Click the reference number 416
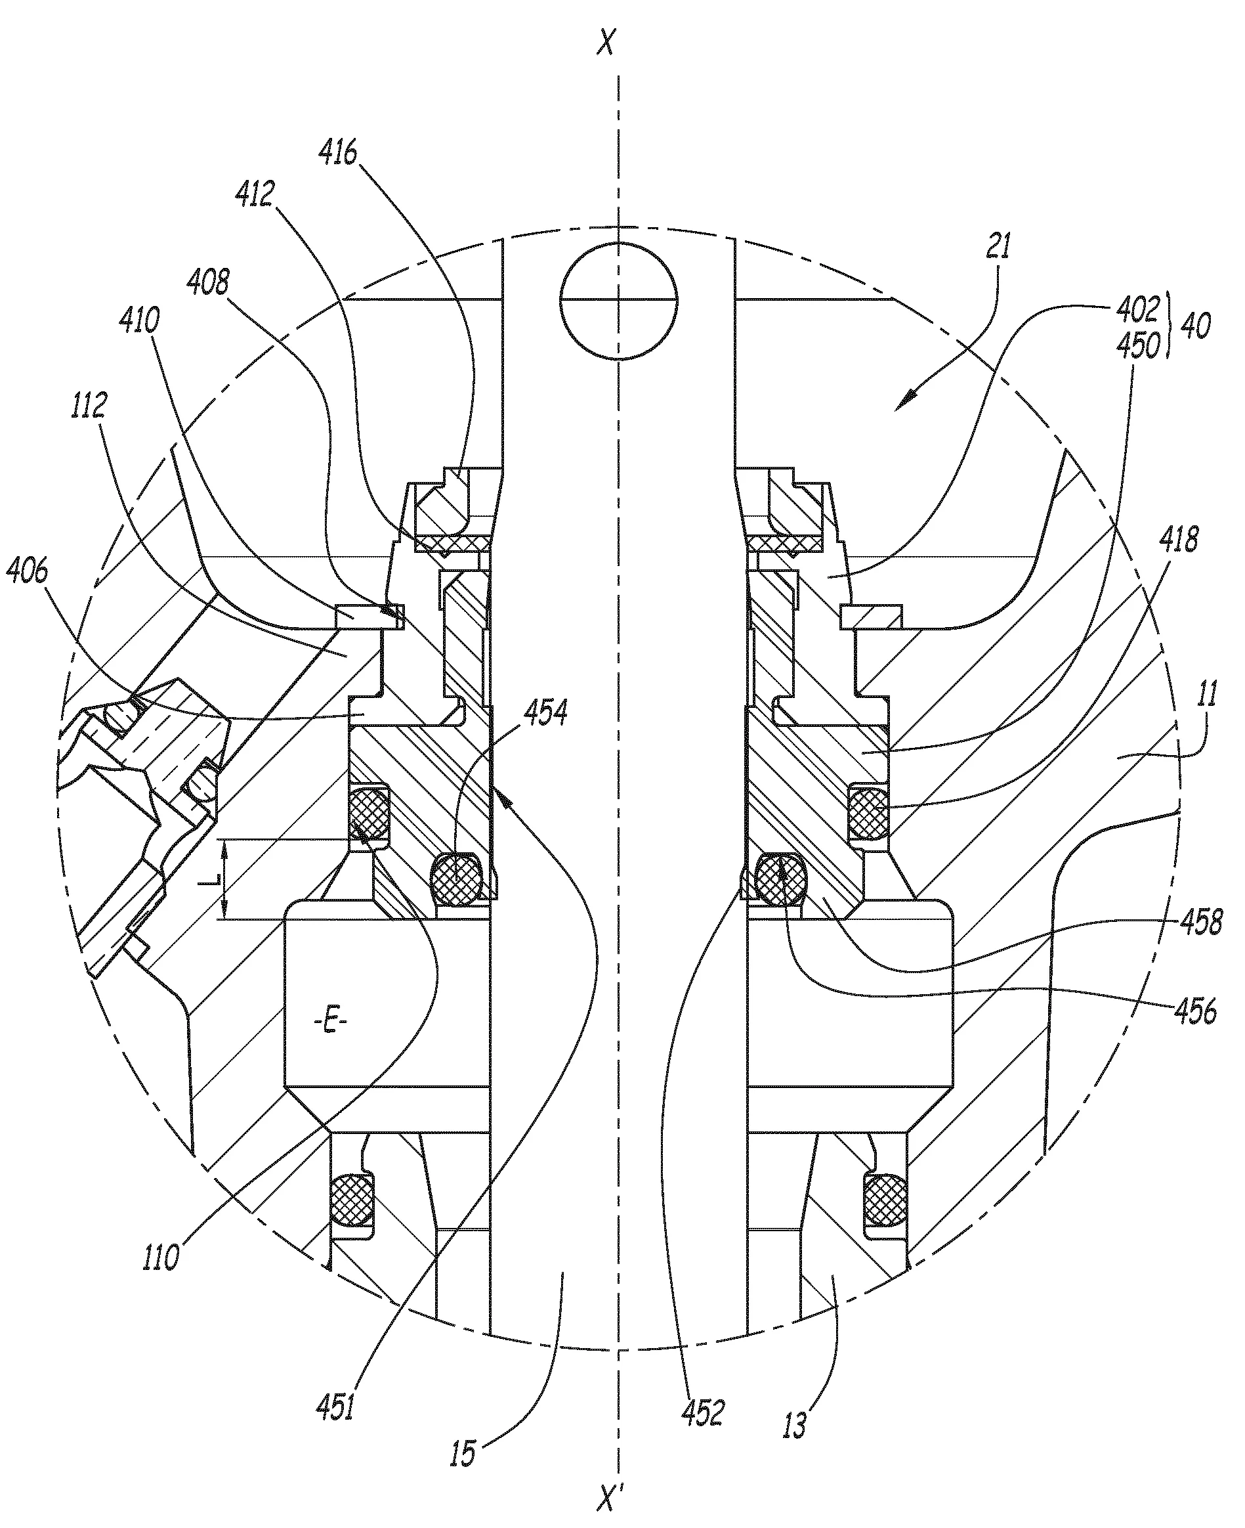339,153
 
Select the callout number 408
208,282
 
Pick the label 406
28,571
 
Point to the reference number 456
1196,1010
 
